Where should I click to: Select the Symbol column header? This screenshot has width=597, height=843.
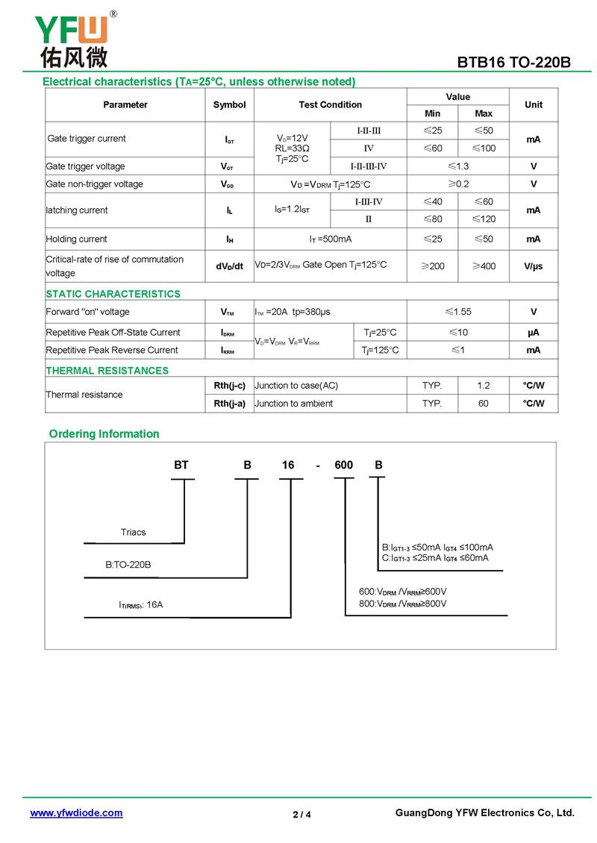coord(229,105)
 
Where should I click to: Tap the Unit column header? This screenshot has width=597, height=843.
coord(534,105)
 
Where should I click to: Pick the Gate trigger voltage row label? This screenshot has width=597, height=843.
coord(86,166)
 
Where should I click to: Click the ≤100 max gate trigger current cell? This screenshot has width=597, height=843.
coord(484,148)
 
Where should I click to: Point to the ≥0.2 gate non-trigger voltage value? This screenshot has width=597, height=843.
coord(458,184)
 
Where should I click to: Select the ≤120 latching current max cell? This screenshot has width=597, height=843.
coord(484,219)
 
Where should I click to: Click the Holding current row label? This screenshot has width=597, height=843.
coord(77,239)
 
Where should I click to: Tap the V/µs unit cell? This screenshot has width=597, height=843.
coord(534,266)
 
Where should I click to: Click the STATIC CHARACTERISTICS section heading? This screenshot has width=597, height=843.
coord(113,294)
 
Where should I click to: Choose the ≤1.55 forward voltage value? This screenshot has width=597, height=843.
coord(458,312)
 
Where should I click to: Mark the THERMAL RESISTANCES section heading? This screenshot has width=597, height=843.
coord(107,371)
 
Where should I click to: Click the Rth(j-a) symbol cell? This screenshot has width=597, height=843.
coord(229,404)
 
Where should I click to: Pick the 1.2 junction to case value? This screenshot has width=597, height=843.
coord(484,386)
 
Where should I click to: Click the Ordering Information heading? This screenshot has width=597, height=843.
coord(104,434)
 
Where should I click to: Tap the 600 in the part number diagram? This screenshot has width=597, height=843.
coord(344,466)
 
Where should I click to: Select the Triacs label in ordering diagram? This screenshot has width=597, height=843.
coord(134,533)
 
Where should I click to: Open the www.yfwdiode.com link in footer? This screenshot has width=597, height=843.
coord(76,813)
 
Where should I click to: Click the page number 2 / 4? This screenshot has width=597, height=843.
coord(301,815)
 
